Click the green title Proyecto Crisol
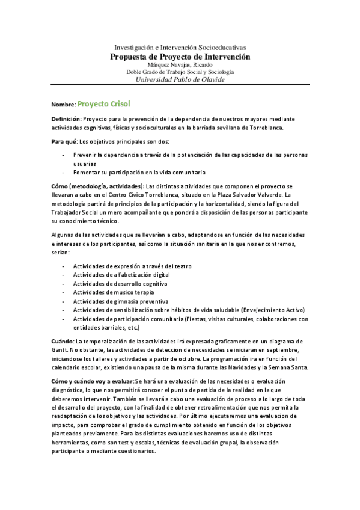[105, 103]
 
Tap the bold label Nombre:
[64, 105]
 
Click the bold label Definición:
[66, 119]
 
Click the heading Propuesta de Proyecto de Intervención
[180, 57]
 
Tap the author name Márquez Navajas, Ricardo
[180, 64]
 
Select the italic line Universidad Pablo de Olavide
[180, 79]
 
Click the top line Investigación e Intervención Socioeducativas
[180, 48]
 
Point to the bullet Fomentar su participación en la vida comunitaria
[139, 171]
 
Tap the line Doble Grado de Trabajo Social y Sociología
[180, 72]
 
